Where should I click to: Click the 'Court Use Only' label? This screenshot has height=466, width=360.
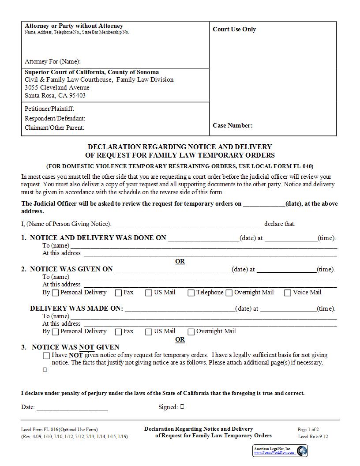click(x=234, y=30)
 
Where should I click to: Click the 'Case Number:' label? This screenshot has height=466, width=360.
click(x=232, y=125)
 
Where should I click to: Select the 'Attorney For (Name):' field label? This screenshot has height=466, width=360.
click(x=52, y=61)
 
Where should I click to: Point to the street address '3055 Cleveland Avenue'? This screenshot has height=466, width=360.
click(x=57, y=87)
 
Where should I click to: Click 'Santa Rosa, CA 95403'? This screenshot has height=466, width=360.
click(x=55, y=95)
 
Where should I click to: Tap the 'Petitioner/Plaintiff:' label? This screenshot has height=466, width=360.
click(x=49, y=109)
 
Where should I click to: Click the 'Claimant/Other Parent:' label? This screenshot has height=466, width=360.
click(x=54, y=128)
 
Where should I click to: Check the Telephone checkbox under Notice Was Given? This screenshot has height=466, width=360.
click(x=191, y=293)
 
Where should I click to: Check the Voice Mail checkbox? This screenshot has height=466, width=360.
click(x=288, y=293)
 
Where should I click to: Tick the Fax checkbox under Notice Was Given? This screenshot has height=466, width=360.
click(x=119, y=293)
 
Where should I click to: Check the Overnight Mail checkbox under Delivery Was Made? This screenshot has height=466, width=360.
click(x=191, y=332)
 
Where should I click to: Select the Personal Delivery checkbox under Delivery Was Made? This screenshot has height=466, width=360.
click(x=55, y=332)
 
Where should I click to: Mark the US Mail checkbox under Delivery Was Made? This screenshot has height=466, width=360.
click(x=149, y=332)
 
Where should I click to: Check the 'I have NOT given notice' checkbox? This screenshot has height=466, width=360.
click(x=46, y=356)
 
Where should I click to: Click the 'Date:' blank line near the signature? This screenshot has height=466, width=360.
click(x=72, y=407)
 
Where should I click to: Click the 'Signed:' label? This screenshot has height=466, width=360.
click(x=168, y=407)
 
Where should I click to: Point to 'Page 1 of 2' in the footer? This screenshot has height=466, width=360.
click(x=308, y=429)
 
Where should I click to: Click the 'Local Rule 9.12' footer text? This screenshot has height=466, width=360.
click(x=313, y=436)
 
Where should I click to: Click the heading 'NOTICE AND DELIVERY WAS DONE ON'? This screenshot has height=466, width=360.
click(x=98, y=238)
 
